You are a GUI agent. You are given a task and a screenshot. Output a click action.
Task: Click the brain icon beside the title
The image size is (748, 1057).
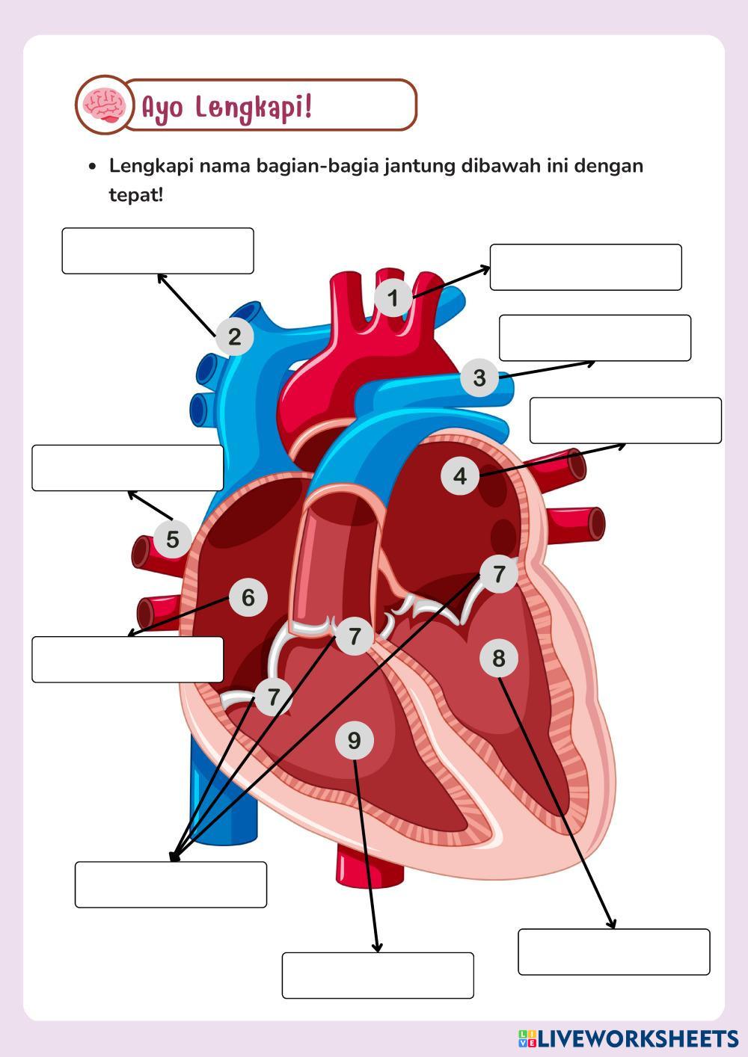coord(104,105)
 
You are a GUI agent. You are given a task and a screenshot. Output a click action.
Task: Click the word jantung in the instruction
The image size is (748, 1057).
coord(419,165)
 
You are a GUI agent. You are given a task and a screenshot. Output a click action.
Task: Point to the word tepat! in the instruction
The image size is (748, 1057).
coord(135,195)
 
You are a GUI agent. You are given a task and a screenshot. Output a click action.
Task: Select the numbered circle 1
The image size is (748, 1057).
coord(393,298)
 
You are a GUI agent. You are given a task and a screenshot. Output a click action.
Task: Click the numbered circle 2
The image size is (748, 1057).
coord(235,336)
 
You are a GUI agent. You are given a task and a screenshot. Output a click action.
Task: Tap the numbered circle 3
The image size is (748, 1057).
coord(479,377)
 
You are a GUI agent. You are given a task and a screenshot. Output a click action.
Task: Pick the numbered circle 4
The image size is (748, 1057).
coord(460,475)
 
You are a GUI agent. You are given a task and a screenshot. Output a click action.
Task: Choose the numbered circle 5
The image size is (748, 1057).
coord(173,539)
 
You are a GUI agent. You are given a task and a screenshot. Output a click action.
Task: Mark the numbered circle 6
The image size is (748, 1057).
coord(248,597)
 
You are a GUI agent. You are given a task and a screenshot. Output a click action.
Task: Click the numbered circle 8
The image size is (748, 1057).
coord(499,659)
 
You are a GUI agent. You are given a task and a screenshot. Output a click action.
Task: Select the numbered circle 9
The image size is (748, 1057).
coord(355,740)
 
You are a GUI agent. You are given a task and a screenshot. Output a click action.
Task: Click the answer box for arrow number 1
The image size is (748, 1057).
coord(586,267)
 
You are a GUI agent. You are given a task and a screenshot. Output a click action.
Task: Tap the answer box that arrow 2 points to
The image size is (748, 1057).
coord(158,251)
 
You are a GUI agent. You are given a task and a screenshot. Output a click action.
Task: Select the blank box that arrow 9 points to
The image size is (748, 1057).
coord(378,975)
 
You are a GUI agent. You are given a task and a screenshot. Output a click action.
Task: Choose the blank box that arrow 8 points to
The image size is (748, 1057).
coord(614,952)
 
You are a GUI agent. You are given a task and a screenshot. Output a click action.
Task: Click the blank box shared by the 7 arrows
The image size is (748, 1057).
coord(171,884)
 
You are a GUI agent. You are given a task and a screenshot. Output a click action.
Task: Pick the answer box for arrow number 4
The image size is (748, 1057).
coord(625,420)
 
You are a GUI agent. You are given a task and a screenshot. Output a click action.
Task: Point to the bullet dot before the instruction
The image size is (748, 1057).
coord(92,166)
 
